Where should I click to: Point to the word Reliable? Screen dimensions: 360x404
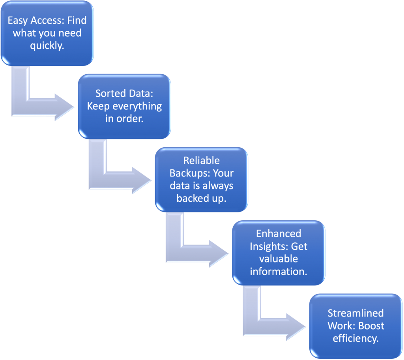[201, 161]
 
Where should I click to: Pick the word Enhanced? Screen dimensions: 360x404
[279, 233]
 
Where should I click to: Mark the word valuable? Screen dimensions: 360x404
[279, 259]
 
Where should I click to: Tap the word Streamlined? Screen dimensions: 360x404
[355, 313]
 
